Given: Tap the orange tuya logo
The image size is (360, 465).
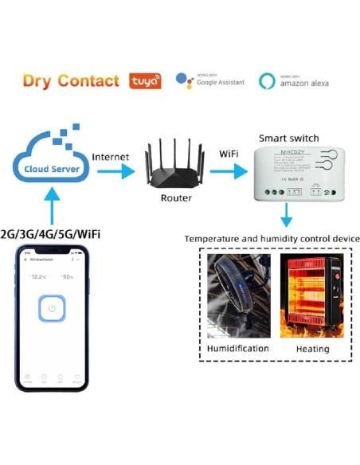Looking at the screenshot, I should (x=145, y=81).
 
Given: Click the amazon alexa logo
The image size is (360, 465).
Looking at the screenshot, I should (x=294, y=81).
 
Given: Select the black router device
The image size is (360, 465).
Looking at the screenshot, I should (x=176, y=163).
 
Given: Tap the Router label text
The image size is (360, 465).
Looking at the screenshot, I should (x=176, y=198).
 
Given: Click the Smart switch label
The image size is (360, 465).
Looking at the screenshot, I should (x=284, y=137).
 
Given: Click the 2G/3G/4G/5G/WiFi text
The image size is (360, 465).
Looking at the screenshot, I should (x=52, y=234).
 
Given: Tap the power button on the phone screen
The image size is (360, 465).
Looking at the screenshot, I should (x=52, y=308).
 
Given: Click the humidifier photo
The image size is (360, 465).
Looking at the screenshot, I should (x=238, y=295).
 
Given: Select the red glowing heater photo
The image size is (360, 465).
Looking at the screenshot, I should (x=311, y=295).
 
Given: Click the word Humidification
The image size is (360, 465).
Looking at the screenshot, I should (x=237, y=348).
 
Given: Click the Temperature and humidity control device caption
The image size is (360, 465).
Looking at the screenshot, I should (x=272, y=238).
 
